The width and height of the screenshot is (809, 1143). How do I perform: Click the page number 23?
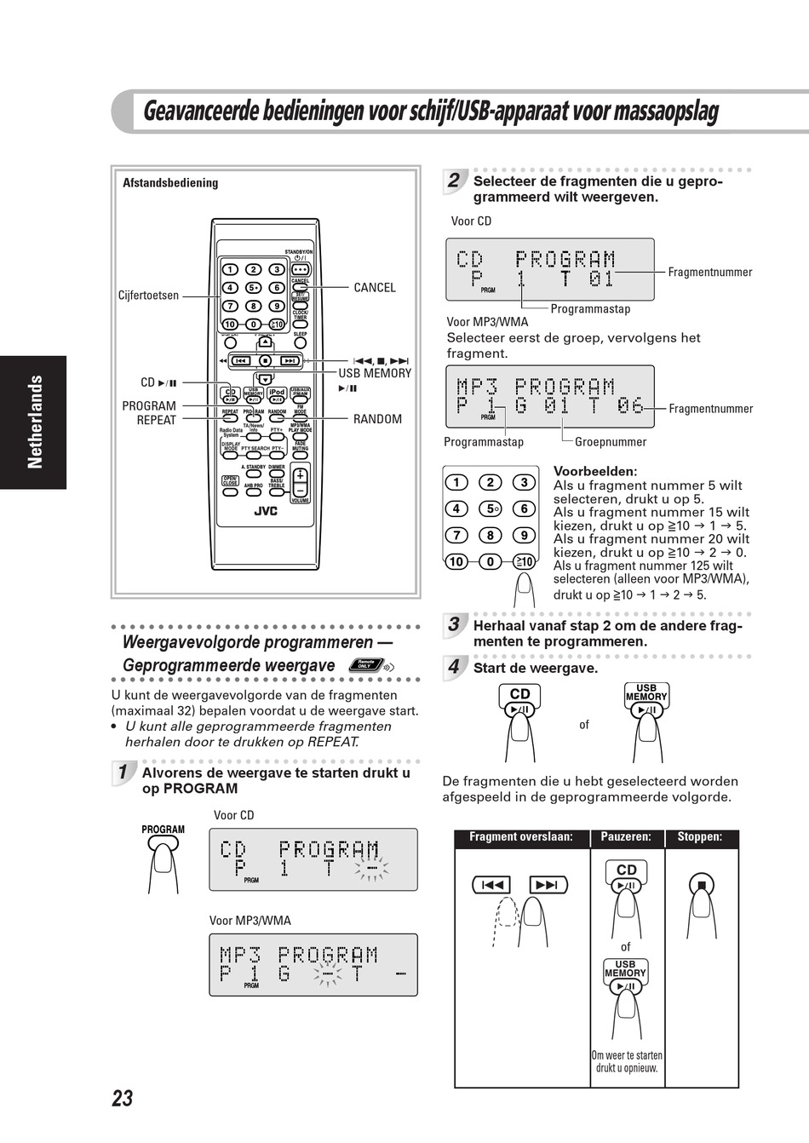[x=123, y=1098]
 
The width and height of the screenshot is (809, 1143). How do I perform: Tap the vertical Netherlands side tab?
[x=35, y=422]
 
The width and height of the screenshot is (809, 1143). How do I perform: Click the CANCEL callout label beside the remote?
[x=375, y=288]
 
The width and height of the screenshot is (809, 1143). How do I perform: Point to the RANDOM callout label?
[x=377, y=419]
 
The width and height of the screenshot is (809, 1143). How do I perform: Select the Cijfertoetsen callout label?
[x=149, y=296]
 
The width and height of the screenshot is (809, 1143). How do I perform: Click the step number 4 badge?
[x=454, y=667]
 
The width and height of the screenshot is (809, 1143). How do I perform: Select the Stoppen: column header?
[x=700, y=837]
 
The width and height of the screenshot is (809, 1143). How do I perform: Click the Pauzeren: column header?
[x=626, y=837]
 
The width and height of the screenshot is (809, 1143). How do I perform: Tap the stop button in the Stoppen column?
[x=702, y=884]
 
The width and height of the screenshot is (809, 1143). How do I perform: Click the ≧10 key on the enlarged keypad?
[x=524, y=561]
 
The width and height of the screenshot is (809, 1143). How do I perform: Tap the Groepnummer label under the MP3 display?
[x=611, y=442]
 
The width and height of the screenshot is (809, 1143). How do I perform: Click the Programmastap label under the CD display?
[x=590, y=309]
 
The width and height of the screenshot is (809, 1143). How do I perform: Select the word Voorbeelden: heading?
[x=595, y=471]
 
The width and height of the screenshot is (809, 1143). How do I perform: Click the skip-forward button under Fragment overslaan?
[x=547, y=885]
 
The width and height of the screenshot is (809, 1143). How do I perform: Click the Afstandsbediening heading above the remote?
[x=170, y=183]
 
